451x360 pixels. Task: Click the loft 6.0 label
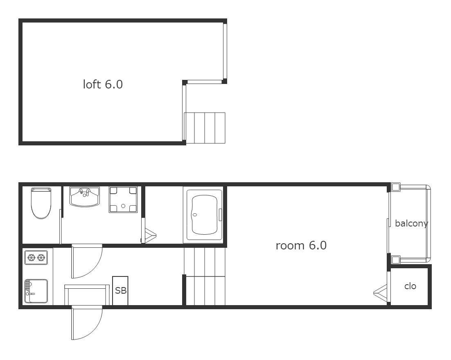coord(103,84)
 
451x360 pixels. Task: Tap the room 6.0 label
coord(301,245)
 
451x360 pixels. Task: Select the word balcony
coord(412,223)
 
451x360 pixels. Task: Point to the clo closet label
coord(410,286)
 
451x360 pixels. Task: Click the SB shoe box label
coord(120,290)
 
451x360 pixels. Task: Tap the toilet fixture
coord(41,203)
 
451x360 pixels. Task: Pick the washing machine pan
coord(123,200)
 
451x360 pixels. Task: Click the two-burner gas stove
coord(36,257)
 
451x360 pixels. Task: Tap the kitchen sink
coord(36,291)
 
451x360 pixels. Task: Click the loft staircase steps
coord(205,128)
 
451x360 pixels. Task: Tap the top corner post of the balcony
coord(396,187)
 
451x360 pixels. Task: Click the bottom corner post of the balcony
coord(396,260)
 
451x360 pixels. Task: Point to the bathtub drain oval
coord(195,215)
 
